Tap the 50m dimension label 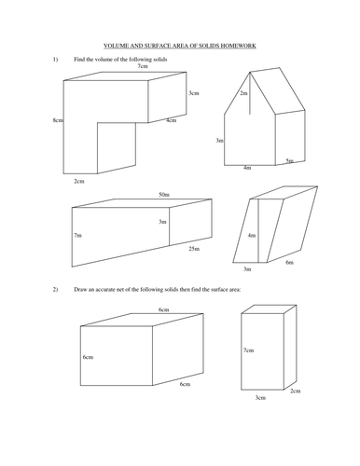click(164, 195)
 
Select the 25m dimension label click(193, 249)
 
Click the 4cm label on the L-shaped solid click(171, 121)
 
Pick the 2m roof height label click(243, 94)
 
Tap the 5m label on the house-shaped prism click(289, 161)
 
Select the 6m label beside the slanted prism click(289, 263)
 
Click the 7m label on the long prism click(77, 237)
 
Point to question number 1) click(55, 59)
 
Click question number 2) click(55, 291)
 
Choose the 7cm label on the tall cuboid click(248, 350)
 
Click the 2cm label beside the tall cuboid click(295, 391)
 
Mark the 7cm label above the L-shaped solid click(142, 67)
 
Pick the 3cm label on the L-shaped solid click(193, 93)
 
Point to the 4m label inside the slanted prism click(252, 236)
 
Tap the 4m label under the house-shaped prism click(246, 168)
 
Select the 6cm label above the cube click(163, 309)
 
